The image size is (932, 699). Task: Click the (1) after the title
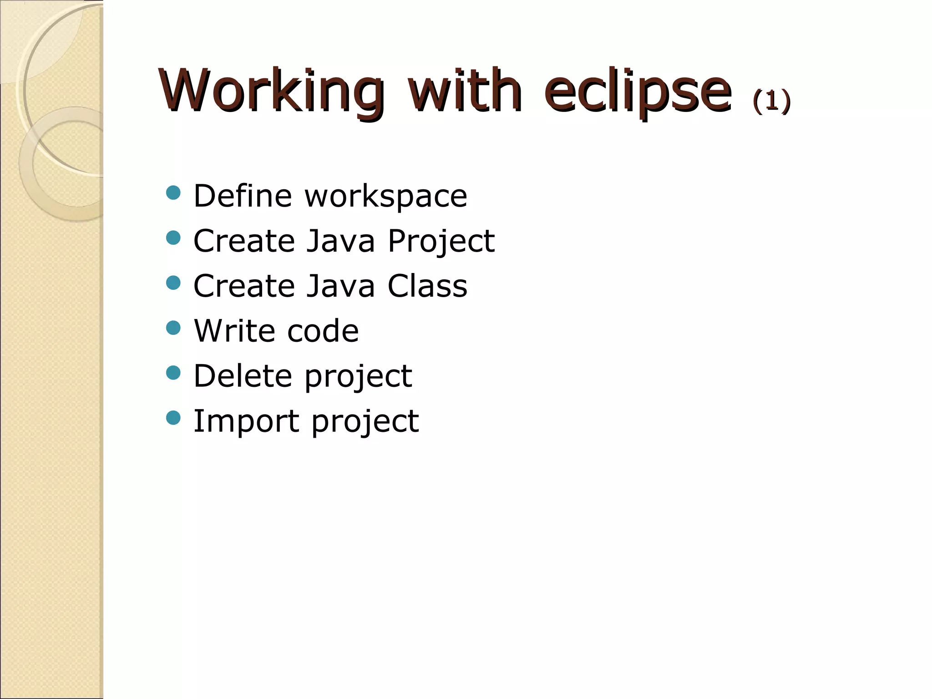click(x=772, y=101)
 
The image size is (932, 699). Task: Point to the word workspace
click(x=385, y=197)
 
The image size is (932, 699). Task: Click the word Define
click(x=243, y=196)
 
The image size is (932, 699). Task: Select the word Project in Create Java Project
click(x=441, y=242)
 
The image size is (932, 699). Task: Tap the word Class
click(x=427, y=286)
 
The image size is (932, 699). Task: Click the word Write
click(x=233, y=331)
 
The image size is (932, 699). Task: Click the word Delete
click(x=243, y=376)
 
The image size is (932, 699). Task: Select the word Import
click(x=246, y=421)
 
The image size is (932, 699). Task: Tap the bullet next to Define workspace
click(x=173, y=193)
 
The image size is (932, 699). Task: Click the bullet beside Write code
click(x=173, y=328)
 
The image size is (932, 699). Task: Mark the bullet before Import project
click(x=173, y=418)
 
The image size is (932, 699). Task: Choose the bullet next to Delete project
click(x=173, y=373)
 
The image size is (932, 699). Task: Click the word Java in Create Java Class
click(x=341, y=286)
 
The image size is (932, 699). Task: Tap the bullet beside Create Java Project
click(x=173, y=238)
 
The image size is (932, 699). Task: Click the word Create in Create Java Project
click(x=244, y=241)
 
